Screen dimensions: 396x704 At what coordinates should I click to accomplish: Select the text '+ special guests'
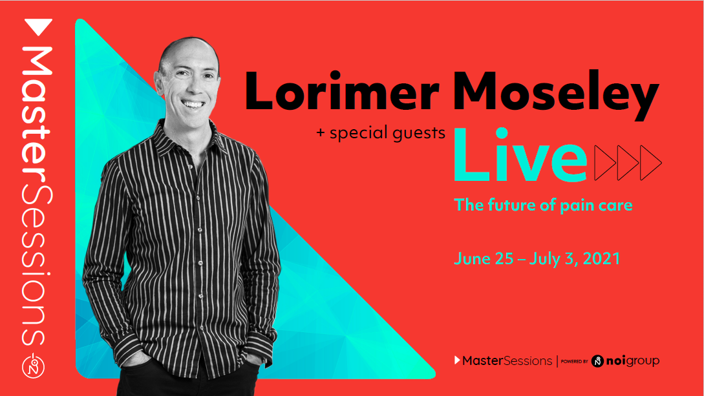(x=381, y=133)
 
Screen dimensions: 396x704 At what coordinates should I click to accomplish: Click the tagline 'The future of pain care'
(x=543, y=205)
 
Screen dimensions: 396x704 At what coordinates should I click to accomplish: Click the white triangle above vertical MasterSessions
(x=38, y=28)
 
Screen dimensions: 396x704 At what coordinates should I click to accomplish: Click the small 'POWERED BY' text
(x=574, y=362)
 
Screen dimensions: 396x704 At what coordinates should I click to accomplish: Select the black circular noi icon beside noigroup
(x=597, y=360)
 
